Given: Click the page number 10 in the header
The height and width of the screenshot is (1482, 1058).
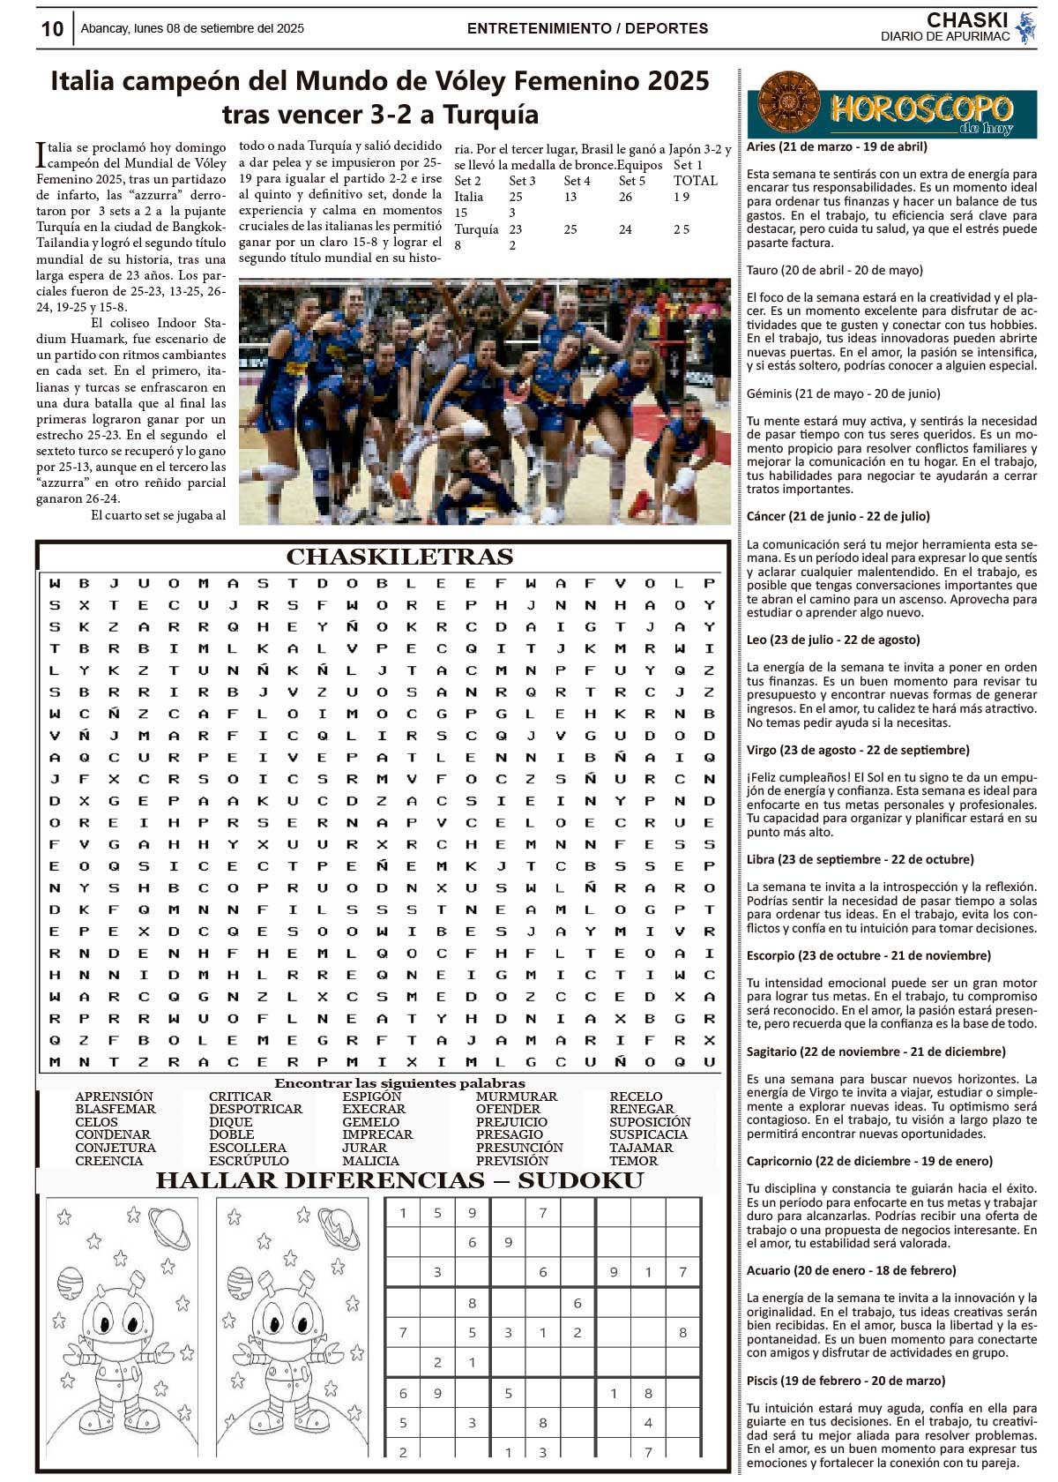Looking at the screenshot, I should (x=52, y=28).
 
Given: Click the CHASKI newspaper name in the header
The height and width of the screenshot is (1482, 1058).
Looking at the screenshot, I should (x=966, y=19).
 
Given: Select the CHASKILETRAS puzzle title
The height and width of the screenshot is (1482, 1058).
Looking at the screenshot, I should (x=399, y=557).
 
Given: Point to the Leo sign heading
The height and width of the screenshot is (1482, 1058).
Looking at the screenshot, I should (x=832, y=640).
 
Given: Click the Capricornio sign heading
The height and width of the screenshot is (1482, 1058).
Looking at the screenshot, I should (x=868, y=1161).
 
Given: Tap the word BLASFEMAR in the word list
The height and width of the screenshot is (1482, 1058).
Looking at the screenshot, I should (x=115, y=1109).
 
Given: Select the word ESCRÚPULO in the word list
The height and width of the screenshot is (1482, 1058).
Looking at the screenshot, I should (x=249, y=1161).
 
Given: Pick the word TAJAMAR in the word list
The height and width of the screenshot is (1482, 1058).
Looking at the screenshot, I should (x=641, y=1148).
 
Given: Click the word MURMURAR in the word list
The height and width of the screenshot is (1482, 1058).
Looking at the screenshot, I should (x=517, y=1097).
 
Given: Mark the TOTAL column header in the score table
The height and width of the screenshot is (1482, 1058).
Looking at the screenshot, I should (x=696, y=181).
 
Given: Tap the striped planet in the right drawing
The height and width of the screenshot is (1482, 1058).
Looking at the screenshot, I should (x=240, y=1281).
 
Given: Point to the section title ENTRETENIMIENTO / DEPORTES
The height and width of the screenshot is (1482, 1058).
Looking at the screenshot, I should (x=587, y=28).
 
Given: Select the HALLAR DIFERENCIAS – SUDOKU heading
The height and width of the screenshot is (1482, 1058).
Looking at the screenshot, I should (x=399, y=1180).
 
